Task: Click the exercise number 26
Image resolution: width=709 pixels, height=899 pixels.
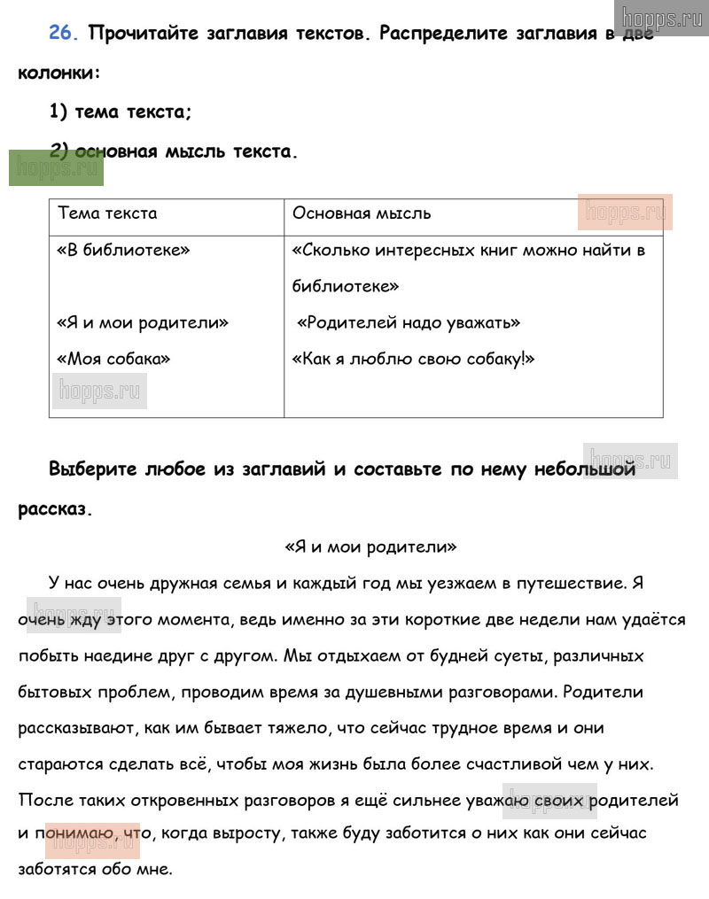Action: click(x=64, y=34)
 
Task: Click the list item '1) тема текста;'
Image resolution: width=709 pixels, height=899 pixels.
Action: click(x=121, y=112)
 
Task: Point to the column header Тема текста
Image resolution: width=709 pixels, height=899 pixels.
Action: click(x=107, y=213)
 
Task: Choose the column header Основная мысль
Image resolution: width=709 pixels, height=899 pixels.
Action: click(x=362, y=213)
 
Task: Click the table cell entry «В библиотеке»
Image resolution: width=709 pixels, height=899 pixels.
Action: click(x=123, y=250)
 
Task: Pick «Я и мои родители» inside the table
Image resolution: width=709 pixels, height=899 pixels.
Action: click(x=143, y=322)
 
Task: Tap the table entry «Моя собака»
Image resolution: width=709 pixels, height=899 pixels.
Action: click(x=113, y=359)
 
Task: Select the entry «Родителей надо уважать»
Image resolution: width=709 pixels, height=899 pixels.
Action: click(x=409, y=322)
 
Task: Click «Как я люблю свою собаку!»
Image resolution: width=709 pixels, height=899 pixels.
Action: click(x=413, y=359)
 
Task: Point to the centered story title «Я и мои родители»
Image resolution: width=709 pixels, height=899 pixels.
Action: click(x=370, y=546)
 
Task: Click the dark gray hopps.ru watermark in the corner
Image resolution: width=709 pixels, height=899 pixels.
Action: click(x=661, y=18)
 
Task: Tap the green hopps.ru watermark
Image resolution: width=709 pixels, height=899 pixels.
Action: click(x=56, y=167)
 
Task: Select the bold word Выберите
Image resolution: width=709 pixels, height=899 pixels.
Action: click(x=93, y=469)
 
